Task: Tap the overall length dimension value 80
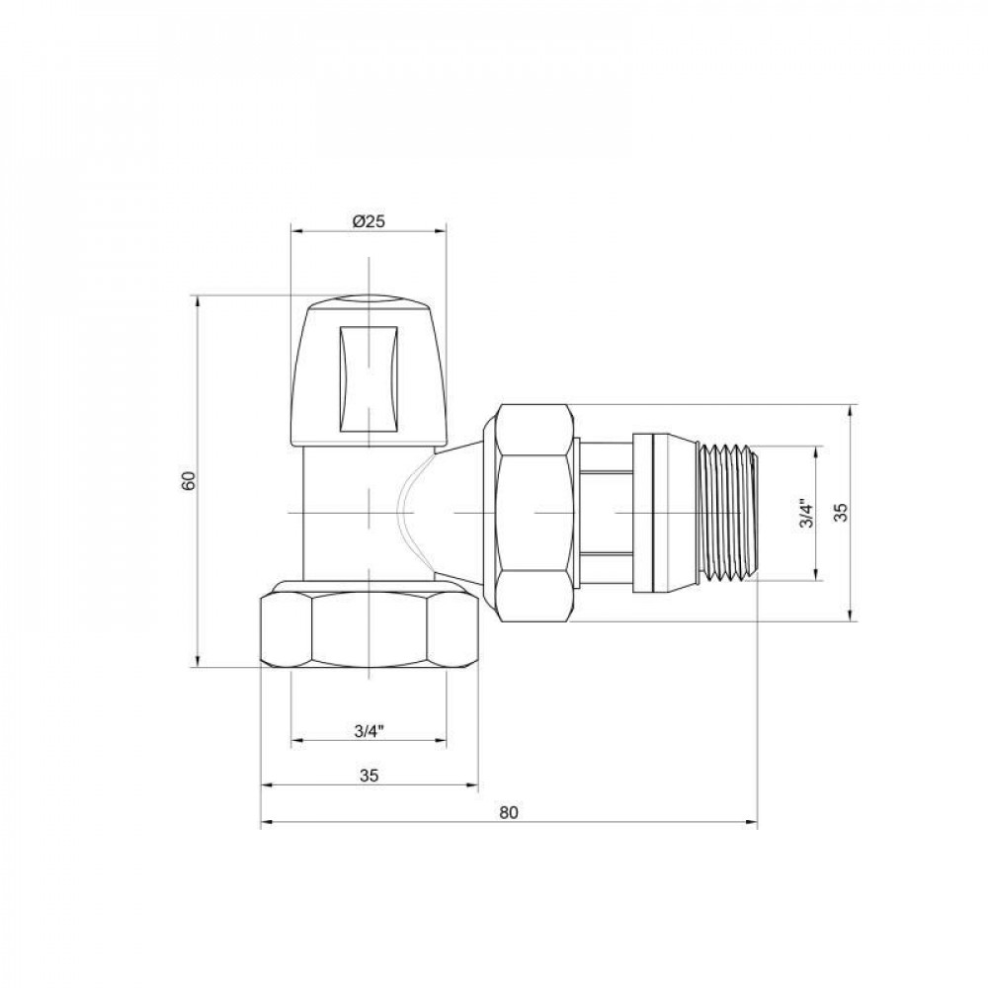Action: (x=508, y=812)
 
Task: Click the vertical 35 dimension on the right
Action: (x=841, y=512)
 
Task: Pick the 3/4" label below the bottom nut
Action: (x=368, y=731)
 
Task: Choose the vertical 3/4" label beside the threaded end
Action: (x=805, y=514)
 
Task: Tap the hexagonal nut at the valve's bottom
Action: (x=368, y=632)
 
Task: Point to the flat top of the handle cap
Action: (x=368, y=297)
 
